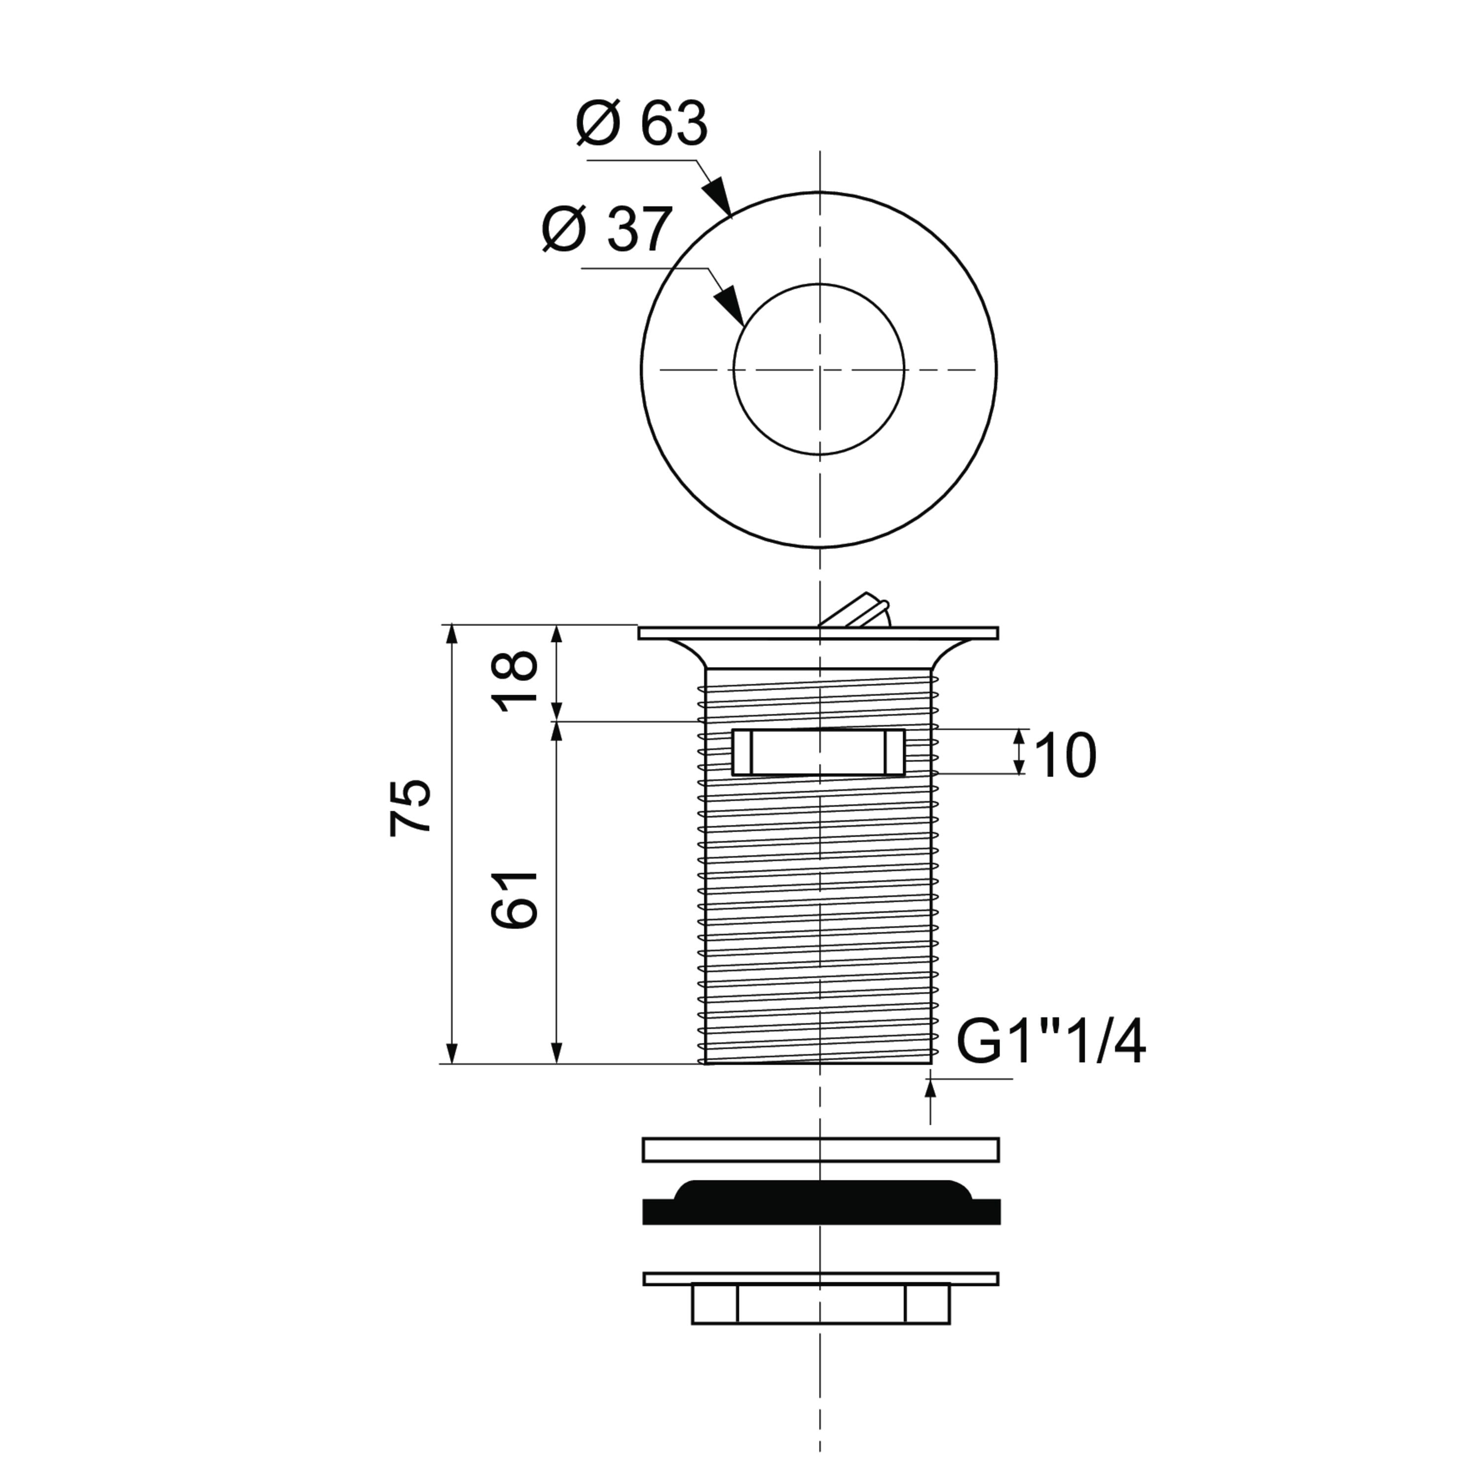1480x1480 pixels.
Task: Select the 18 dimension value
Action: click(x=517, y=681)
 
